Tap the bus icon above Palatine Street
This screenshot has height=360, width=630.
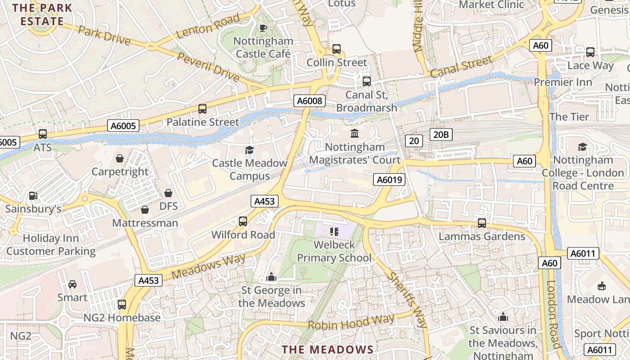(202, 108)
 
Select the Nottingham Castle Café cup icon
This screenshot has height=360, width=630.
(264, 28)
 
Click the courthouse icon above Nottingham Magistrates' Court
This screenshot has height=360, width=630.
(355, 134)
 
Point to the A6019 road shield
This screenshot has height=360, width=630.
(389, 180)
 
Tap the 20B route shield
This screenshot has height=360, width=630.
(441, 135)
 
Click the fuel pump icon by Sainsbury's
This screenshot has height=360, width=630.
(33, 196)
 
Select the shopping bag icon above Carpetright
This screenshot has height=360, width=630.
(120, 158)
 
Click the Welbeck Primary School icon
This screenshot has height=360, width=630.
(334, 232)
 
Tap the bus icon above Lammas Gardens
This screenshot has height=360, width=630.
(482, 223)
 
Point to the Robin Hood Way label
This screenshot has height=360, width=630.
(351, 322)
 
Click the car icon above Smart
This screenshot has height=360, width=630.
(72, 284)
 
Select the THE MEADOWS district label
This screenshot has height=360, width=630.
(328, 349)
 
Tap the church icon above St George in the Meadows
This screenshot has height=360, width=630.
(271, 277)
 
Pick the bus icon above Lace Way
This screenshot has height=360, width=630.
(590, 52)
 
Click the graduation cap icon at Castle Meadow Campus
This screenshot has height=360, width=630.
(249, 150)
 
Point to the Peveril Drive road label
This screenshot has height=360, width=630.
(208, 67)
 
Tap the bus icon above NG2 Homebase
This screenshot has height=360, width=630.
(122, 305)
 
